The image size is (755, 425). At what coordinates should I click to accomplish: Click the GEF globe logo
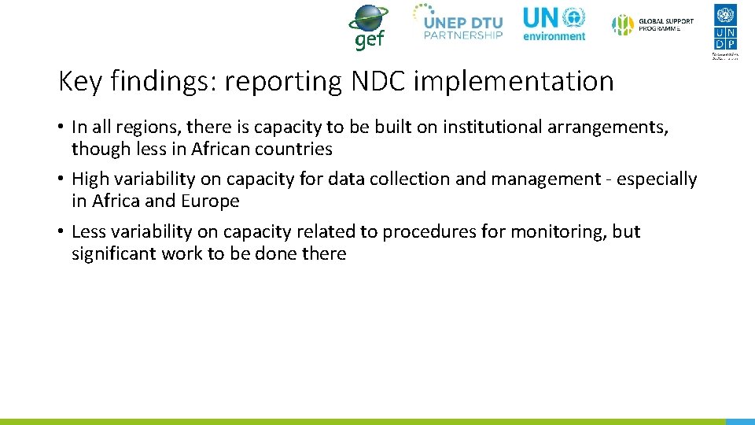(x=368, y=27)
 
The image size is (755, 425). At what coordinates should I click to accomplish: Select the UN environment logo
(x=554, y=24)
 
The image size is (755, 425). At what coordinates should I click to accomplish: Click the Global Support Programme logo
(x=654, y=24)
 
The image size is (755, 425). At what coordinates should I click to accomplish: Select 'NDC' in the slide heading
(x=375, y=81)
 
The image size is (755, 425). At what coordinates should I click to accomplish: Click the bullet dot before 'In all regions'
(x=61, y=127)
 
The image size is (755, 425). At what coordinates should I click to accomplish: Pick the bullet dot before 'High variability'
(x=61, y=179)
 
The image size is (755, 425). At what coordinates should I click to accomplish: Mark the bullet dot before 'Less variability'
(x=61, y=232)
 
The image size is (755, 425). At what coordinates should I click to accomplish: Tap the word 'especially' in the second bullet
(x=657, y=179)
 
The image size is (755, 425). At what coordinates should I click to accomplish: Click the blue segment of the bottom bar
(x=739, y=421)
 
